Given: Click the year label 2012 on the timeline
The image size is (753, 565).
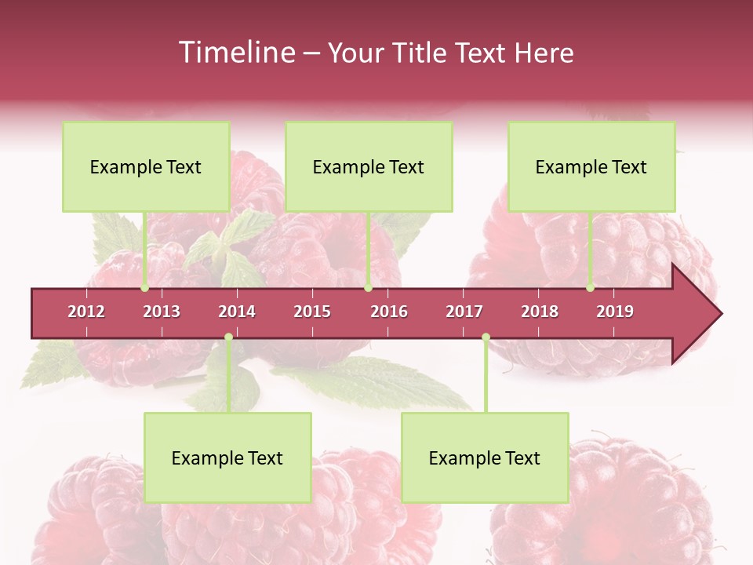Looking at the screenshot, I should pos(86,312).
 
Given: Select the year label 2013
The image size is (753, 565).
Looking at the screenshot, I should pos(162,312).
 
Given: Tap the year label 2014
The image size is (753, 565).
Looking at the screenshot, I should pos(237,312).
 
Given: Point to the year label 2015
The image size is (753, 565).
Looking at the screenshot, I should pos(312,312).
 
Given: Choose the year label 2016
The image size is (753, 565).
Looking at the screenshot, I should pos(389,312).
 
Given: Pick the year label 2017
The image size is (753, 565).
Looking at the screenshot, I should pos(464,312).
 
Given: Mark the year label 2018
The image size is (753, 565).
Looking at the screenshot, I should pos(540,312).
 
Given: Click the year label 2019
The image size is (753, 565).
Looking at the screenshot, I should pos(615,312).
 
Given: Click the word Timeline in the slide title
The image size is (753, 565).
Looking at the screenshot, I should pos(235,53).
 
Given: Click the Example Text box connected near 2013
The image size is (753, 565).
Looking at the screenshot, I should pos(146,166).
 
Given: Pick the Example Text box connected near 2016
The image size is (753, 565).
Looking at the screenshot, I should pos(369,166).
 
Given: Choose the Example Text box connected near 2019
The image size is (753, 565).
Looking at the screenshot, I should pos(591,166).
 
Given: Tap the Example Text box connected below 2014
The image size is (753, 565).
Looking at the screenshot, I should pos(227,457).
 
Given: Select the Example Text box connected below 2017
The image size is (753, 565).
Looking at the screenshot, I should pos(485,457).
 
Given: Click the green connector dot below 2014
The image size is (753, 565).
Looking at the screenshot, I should pos(228,337).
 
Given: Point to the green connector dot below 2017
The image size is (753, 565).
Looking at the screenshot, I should pos(486,337).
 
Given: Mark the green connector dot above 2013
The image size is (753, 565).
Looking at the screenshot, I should pos(144,288).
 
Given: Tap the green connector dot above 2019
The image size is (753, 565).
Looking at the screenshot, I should pos(590,288).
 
